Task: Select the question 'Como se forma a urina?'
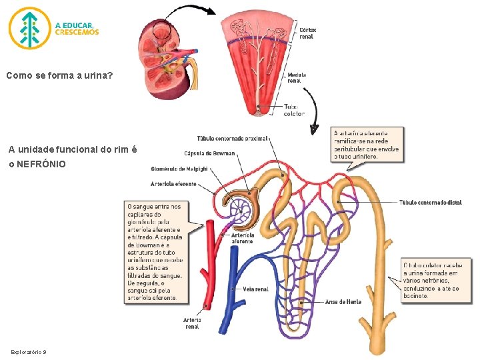click(59, 76)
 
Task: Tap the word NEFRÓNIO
click(41, 164)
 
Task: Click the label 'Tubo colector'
click(294, 110)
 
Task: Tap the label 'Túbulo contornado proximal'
click(233, 139)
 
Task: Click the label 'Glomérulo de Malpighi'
click(179, 168)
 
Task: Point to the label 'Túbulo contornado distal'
click(430, 202)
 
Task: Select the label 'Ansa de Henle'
click(343, 301)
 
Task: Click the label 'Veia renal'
click(256, 289)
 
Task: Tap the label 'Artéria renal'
click(192, 323)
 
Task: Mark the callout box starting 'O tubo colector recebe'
click(430, 280)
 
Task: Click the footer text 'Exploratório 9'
click(28, 351)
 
